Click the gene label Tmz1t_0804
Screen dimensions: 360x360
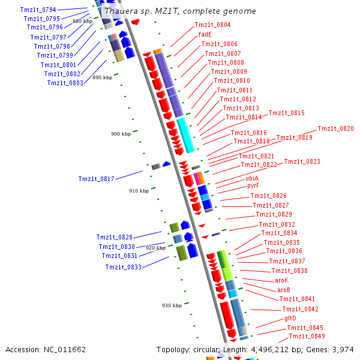212,25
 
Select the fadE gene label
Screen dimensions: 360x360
205,34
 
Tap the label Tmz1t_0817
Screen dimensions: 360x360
96,179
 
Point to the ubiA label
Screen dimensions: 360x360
252,178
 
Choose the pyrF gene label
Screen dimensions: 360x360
253,186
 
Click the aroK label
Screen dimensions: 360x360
282,280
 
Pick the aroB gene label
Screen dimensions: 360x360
284,290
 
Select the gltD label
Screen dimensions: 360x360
290,318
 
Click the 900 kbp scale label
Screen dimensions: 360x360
121,134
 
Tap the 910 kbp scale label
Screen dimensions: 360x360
139,191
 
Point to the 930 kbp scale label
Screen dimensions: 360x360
171,305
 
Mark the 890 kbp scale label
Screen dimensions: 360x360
102,77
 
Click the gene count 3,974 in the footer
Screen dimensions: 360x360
343,349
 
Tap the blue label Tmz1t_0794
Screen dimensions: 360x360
38,10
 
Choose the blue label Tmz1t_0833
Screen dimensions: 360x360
123,267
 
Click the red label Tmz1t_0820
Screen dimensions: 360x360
335,128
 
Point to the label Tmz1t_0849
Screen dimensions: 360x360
307,336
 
